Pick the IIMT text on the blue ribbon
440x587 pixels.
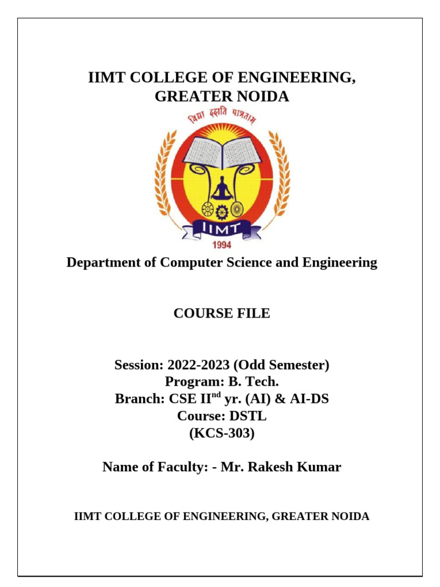[x=222, y=230]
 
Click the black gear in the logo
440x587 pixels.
[x=222, y=211]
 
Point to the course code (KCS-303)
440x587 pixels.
[x=222, y=433]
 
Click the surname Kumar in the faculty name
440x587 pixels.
[x=317, y=467]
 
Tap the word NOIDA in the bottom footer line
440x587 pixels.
[x=348, y=516]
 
